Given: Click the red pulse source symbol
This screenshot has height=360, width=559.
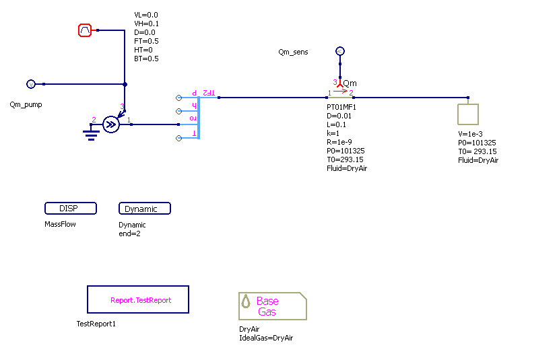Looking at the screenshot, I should tap(85, 30).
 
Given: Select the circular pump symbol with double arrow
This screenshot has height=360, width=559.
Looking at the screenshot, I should tap(112, 124).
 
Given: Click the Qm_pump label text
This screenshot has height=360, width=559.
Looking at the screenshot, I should tap(26, 105).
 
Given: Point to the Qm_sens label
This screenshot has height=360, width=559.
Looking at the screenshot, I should tap(293, 52).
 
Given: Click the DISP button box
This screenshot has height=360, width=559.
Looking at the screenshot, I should tap(71, 209).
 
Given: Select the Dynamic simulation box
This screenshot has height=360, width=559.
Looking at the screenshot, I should tap(144, 209).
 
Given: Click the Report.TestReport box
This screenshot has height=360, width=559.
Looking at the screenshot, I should tap(138, 299).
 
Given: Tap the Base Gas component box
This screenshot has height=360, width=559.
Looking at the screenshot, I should tap(273, 306).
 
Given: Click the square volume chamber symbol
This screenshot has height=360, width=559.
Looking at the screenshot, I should tap(467, 114).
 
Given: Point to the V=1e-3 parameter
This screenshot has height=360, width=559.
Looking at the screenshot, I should tap(470, 134).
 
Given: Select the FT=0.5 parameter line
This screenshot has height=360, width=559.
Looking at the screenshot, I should tap(146, 41).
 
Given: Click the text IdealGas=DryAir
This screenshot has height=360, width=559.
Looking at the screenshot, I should tap(266, 338).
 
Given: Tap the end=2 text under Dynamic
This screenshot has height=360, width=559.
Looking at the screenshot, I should tap(129, 234).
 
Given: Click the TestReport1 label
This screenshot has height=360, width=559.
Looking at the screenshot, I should tap(96, 324).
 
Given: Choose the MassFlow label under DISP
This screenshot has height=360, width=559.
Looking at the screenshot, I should tap(61, 224).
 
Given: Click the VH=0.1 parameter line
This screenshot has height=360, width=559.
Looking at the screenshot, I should tap(147, 24).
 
